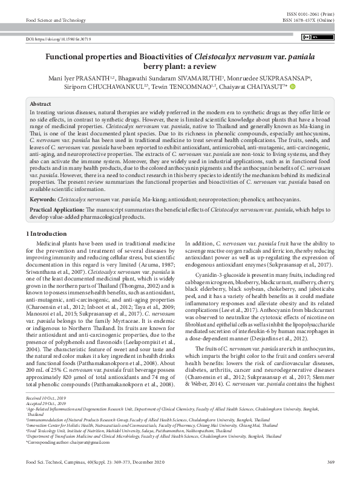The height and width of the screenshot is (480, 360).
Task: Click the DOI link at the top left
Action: pos(58,38)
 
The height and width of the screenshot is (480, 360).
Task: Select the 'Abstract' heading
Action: pos(41,104)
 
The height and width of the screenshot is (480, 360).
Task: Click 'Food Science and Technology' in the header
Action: pos(54,20)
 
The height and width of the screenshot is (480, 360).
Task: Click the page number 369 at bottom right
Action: pos(330,462)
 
